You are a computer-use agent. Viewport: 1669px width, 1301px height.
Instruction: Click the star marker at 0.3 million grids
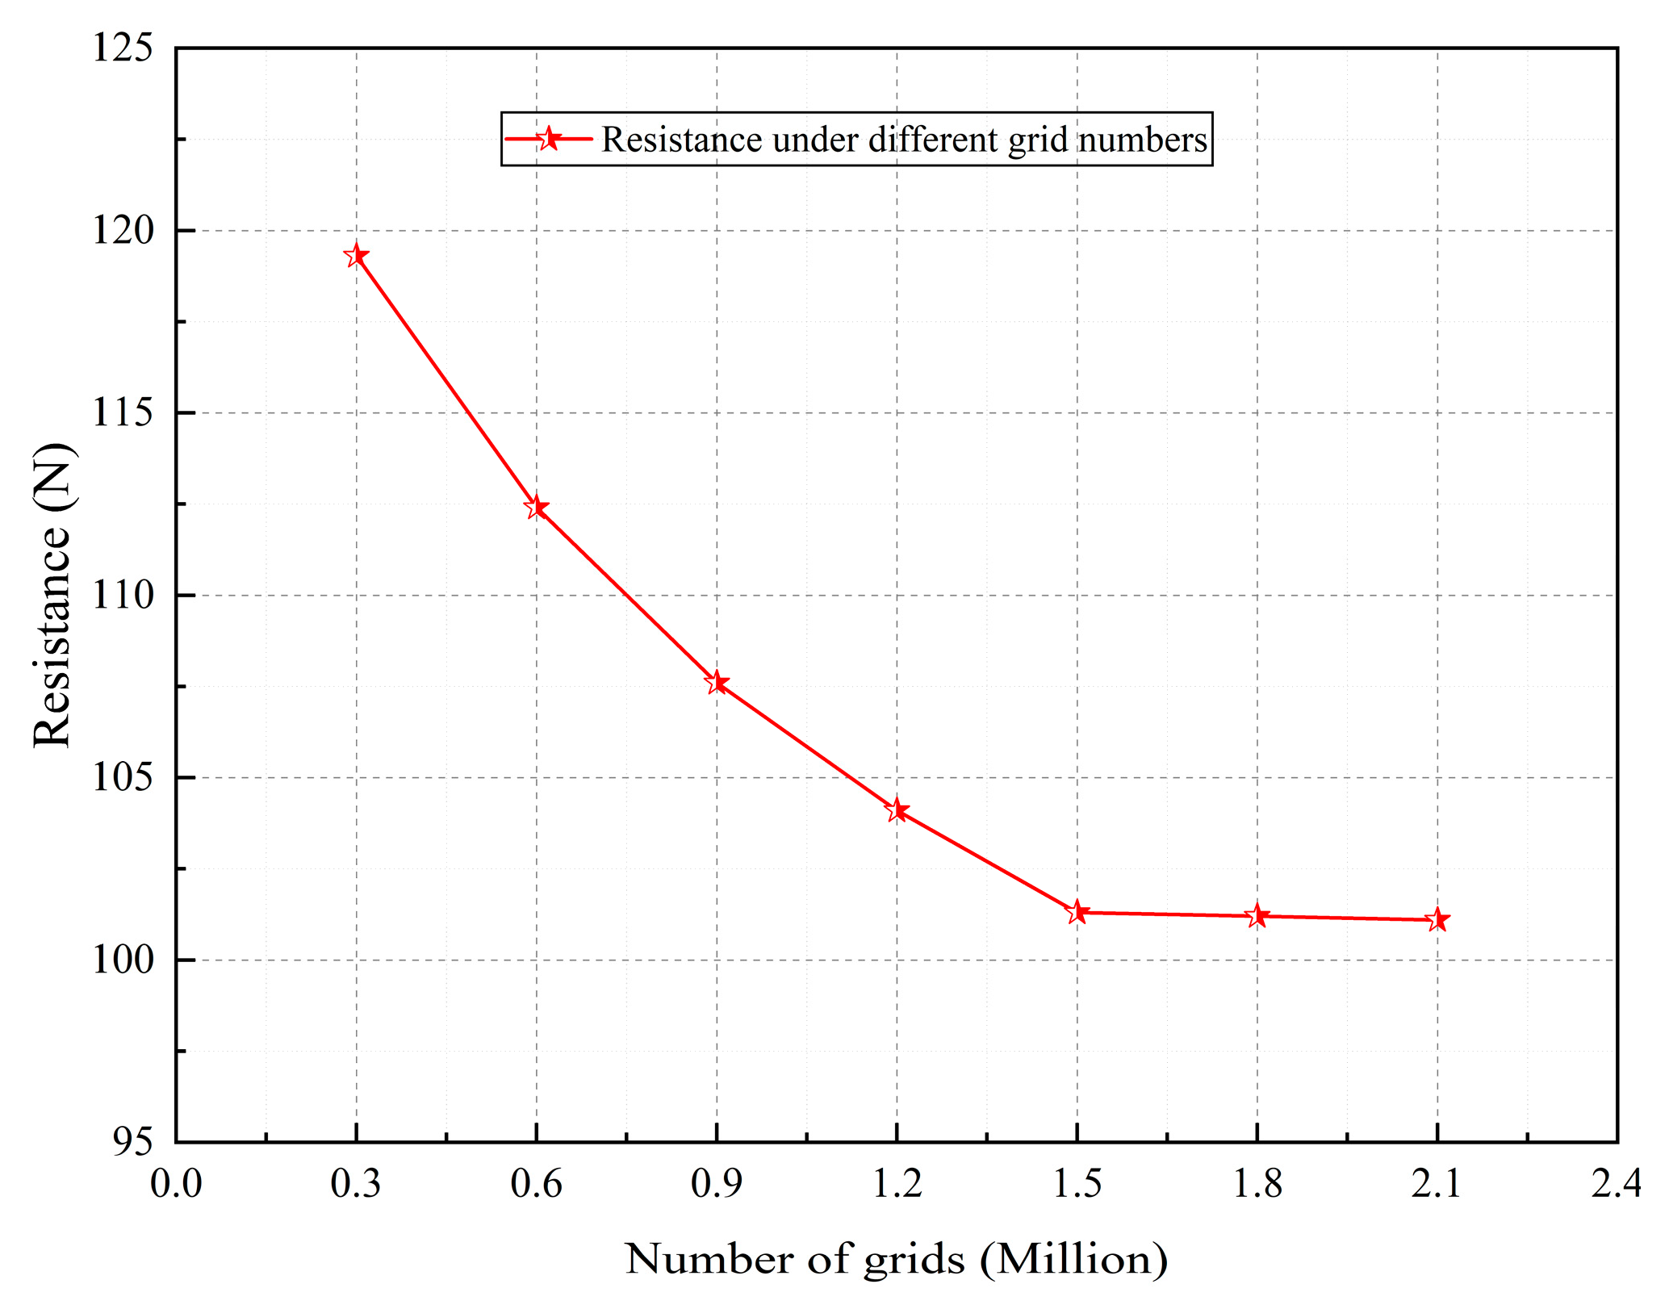tap(356, 256)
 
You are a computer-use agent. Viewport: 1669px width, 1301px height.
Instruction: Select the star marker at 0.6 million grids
tap(536, 507)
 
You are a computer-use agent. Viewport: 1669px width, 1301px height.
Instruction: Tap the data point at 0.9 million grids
tap(717, 683)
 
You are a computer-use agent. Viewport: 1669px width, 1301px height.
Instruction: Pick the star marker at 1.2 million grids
tap(897, 810)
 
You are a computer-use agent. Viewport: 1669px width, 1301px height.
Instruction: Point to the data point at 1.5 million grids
tap(1077, 913)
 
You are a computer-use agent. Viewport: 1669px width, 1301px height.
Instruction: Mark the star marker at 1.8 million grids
tap(1257, 916)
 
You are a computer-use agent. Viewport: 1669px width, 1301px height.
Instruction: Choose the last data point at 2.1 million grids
tap(1437, 920)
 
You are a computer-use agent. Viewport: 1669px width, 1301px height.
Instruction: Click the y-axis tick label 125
tap(122, 48)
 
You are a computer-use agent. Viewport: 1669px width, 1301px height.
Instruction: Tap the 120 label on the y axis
tap(122, 231)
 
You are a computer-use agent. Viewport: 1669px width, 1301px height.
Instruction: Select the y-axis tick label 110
tap(122, 596)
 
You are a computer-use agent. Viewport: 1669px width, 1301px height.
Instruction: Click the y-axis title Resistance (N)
tap(53, 596)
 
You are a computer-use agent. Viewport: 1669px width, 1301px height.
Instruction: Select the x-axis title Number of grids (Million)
tap(896, 1260)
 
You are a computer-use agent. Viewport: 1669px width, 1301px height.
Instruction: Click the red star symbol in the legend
tap(549, 139)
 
